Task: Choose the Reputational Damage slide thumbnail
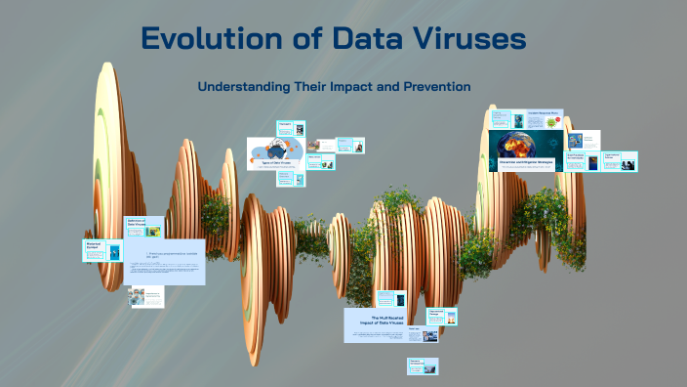(x=438, y=316)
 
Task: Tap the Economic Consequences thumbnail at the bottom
(x=423, y=365)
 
